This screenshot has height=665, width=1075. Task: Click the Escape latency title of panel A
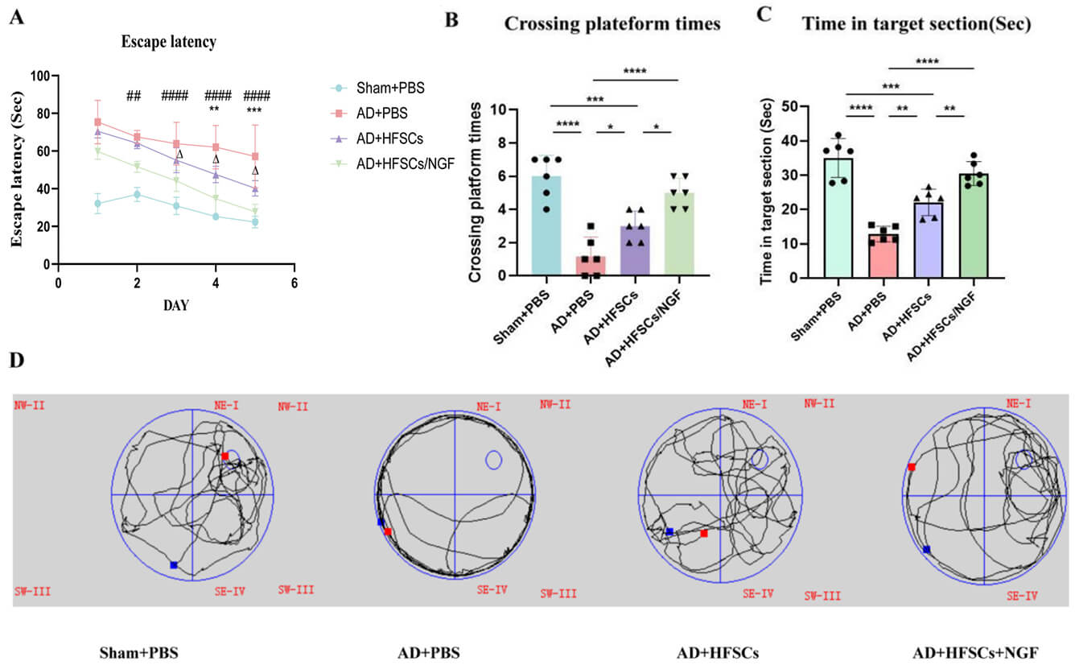(168, 42)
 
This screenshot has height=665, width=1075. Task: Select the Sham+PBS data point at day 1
(97, 204)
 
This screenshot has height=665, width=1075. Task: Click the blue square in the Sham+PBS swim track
(174, 565)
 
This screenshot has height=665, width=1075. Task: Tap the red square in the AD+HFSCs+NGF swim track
(912, 467)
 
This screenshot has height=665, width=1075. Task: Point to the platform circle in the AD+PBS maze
(494, 460)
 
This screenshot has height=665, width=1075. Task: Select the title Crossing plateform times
(612, 24)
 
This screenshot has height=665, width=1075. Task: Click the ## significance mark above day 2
(134, 97)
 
